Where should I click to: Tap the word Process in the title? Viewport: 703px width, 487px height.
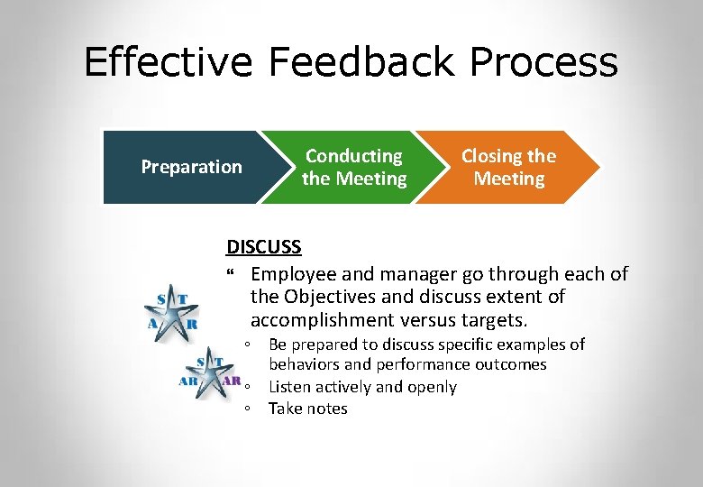click(x=544, y=63)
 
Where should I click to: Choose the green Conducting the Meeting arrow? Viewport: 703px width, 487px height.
click(x=353, y=167)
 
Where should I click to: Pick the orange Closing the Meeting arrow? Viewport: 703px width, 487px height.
click(x=509, y=167)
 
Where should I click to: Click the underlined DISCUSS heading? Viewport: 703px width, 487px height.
click(x=263, y=246)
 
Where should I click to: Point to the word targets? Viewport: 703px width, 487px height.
click(x=494, y=320)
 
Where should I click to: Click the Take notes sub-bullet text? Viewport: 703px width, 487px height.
click(x=307, y=409)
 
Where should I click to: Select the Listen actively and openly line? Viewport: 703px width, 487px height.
click(x=362, y=387)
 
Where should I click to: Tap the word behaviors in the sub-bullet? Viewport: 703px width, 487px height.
click(x=305, y=364)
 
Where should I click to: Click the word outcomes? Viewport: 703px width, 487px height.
click(x=514, y=364)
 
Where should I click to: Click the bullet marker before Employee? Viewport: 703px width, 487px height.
click(x=231, y=273)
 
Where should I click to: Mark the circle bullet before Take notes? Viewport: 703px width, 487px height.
click(x=247, y=409)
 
